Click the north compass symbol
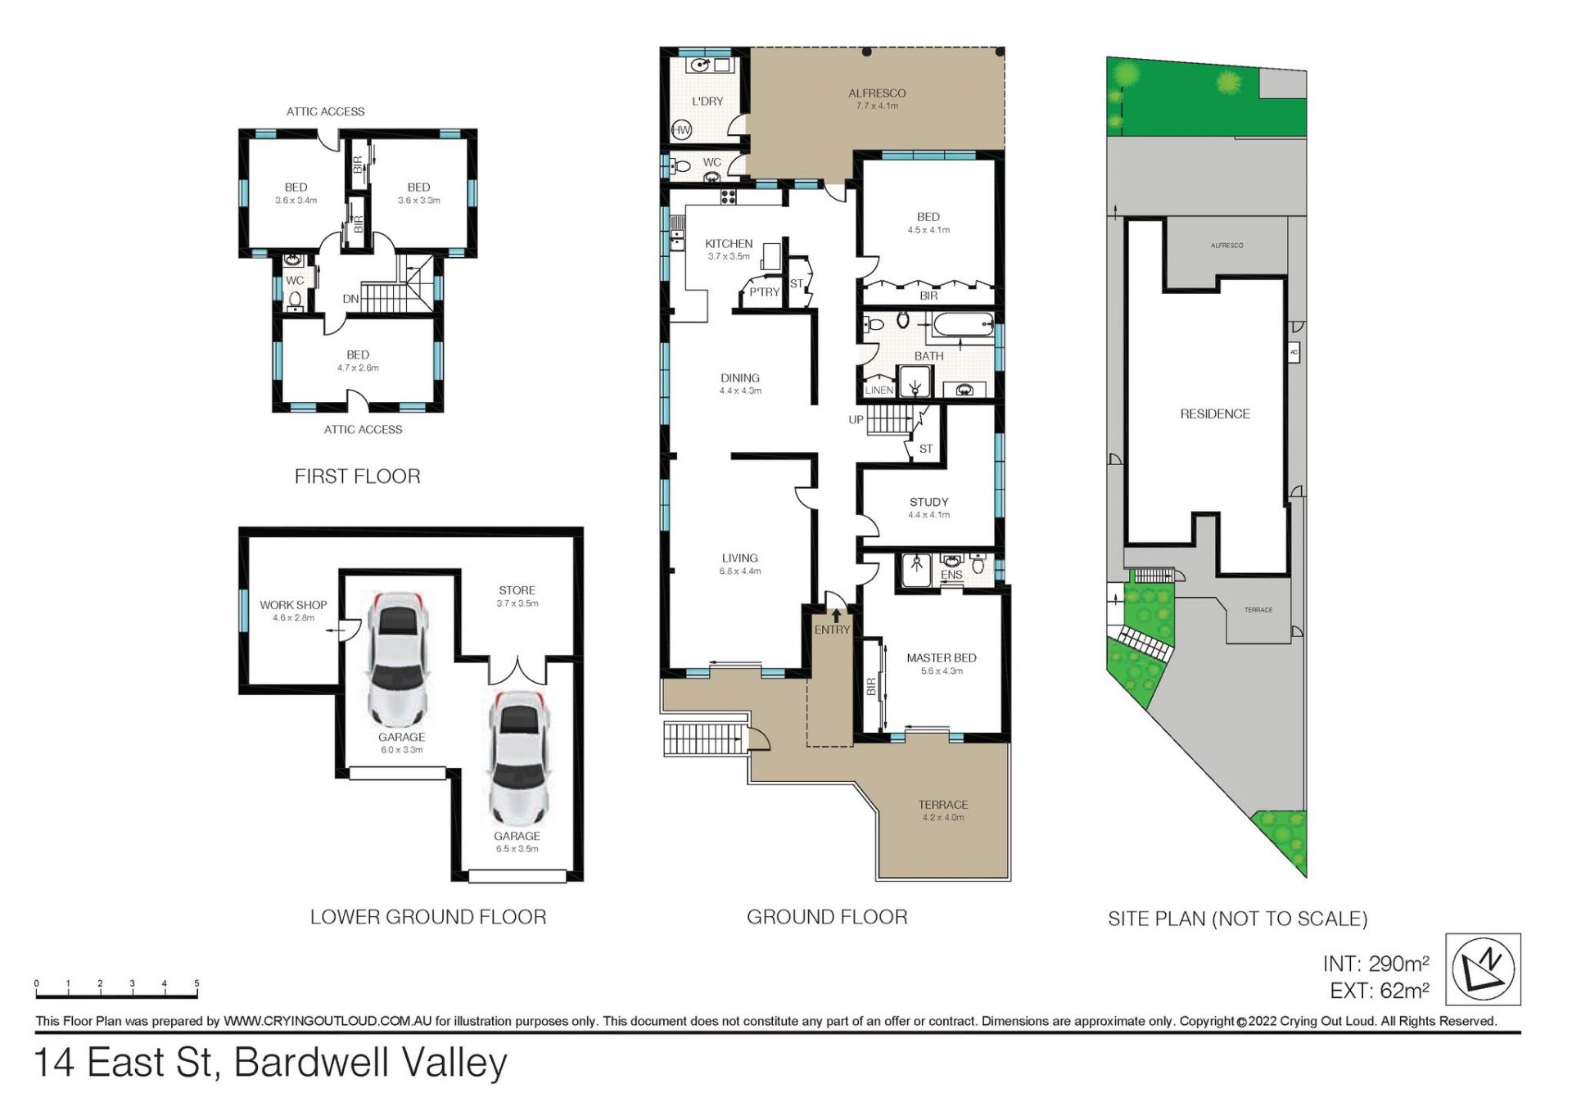coord(1483,969)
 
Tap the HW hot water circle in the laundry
coord(681,129)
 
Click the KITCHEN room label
coord(729,244)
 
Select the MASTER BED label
coord(942,658)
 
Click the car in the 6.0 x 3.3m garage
coord(400,659)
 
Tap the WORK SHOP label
coord(293,605)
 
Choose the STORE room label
coord(517,590)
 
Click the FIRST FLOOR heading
coord(358,476)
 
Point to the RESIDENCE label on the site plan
coord(1215,414)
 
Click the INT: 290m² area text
coord(1376,964)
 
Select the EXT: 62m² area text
coord(1380,991)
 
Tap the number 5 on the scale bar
coord(196,983)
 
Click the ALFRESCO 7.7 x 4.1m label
coord(877,99)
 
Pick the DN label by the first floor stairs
coord(350,299)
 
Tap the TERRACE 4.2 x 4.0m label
coord(943,811)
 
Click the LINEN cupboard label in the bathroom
coord(879,391)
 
